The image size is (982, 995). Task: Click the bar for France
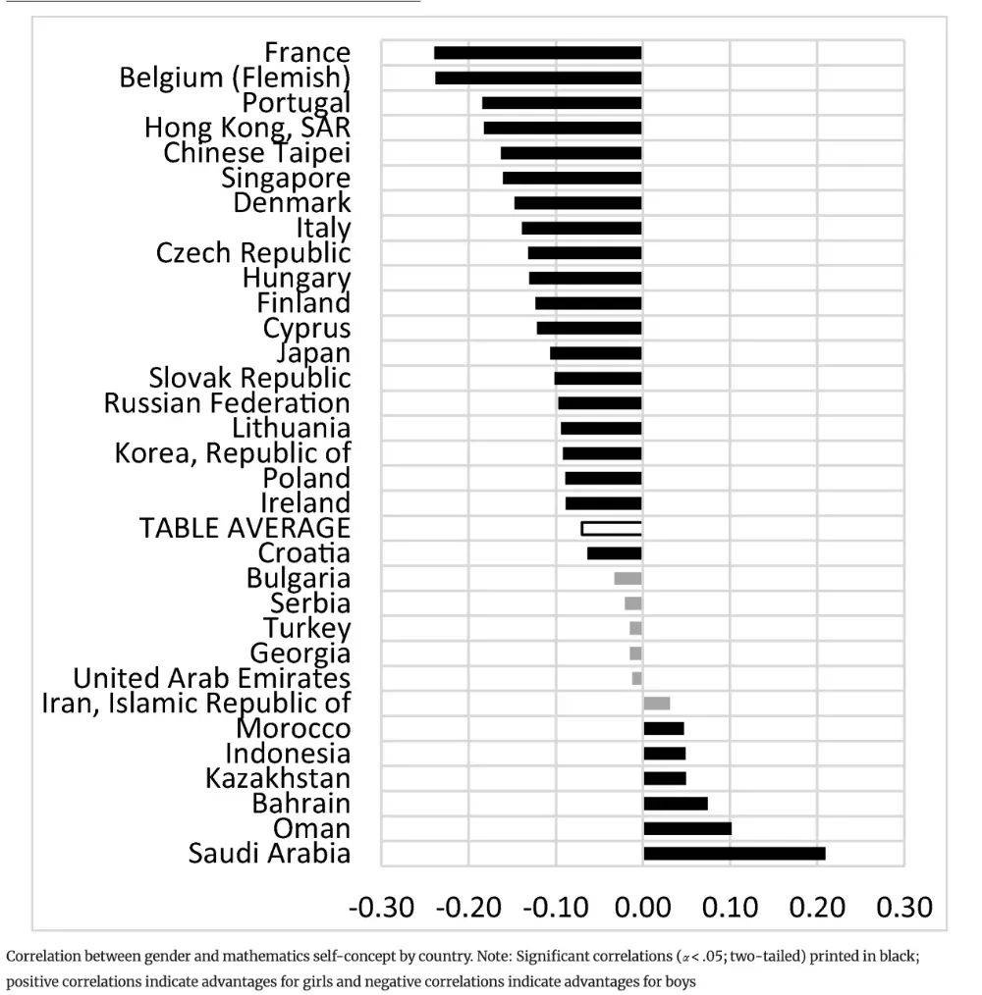pos(537,53)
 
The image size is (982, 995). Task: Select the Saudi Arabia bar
pos(734,854)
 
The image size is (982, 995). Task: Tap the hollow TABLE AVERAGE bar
pos(611,528)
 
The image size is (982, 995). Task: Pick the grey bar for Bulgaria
pos(627,579)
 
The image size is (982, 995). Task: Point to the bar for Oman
pos(686,828)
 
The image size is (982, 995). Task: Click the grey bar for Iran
pos(656,704)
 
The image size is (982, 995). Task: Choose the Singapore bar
pos(572,178)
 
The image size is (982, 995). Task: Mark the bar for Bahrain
pos(675,804)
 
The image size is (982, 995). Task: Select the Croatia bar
pos(614,553)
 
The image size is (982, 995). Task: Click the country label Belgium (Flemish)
pos(235,78)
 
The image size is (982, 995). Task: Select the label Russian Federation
pos(227,403)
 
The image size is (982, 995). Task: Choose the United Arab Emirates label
pos(212,678)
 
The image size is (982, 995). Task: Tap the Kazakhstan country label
pos(278,778)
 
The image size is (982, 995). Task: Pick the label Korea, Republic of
pos(233,453)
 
